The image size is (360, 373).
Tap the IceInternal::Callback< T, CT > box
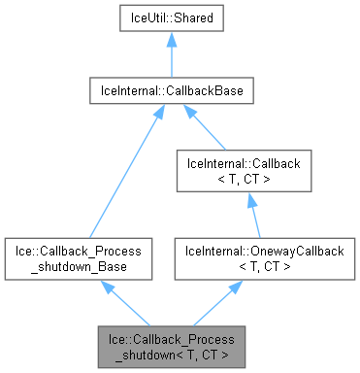[x=250, y=171]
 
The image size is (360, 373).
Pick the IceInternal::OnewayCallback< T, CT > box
[x=250, y=258]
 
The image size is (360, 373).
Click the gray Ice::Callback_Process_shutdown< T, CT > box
[x=171, y=347]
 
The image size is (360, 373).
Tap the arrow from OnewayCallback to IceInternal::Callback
[x=250, y=215]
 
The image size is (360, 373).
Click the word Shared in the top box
[x=200, y=18]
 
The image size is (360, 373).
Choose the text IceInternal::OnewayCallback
[x=250, y=251]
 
